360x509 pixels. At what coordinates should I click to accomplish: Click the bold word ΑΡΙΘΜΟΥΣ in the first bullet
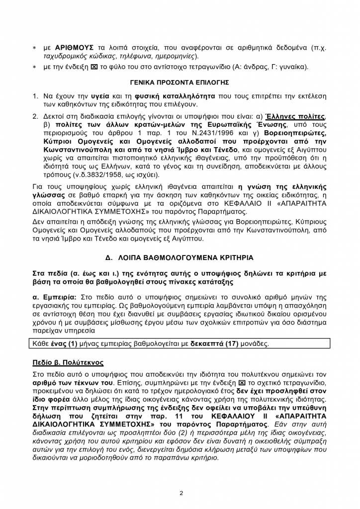click(x=73, y=48)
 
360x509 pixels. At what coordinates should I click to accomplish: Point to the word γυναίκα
click(x=293, y=67)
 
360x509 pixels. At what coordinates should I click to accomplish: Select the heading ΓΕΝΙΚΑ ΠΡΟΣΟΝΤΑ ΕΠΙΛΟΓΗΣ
click(x=180, y=82)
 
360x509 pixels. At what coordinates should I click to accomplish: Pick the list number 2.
click(x=35, y=116)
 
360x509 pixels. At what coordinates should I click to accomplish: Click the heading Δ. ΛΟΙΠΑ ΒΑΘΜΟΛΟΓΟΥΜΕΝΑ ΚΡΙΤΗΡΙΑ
click(x=180, y=257)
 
